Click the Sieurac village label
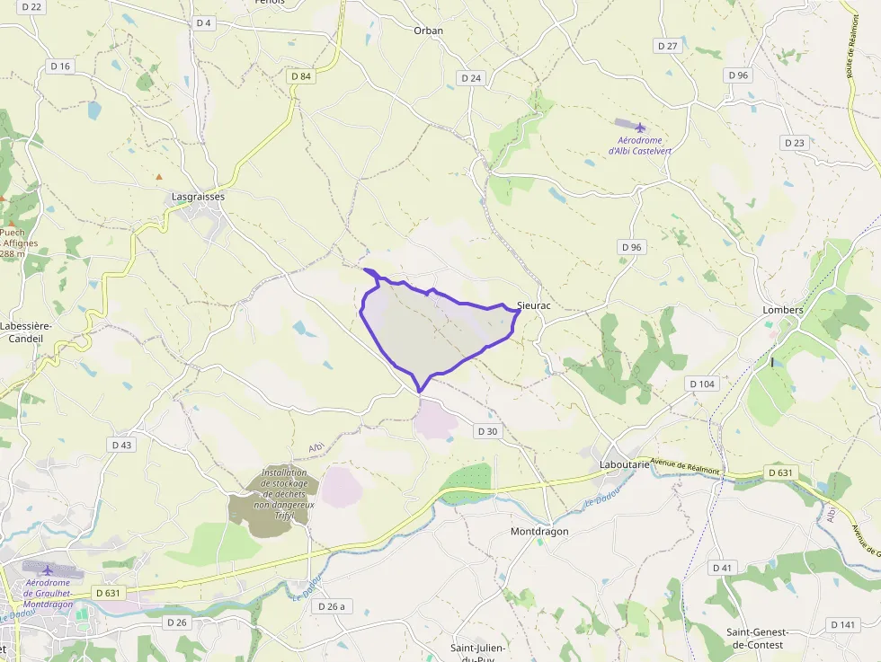point(533,305)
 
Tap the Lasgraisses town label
point(198,196)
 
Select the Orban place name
point(428,31)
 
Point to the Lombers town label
point(782,310)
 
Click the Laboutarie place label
point(624,464)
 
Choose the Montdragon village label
point(539,531)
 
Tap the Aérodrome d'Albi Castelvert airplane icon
point(640,127)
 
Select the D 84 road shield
point(301,76)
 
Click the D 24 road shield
point(471,78)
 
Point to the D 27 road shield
point(667,45)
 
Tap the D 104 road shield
point(702,384)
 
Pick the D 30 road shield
point(487,431)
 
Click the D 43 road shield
point(121,445)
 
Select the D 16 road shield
point(60,66)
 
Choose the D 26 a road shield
point(331,606)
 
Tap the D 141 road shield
point(843,624)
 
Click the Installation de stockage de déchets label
point(284,489)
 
